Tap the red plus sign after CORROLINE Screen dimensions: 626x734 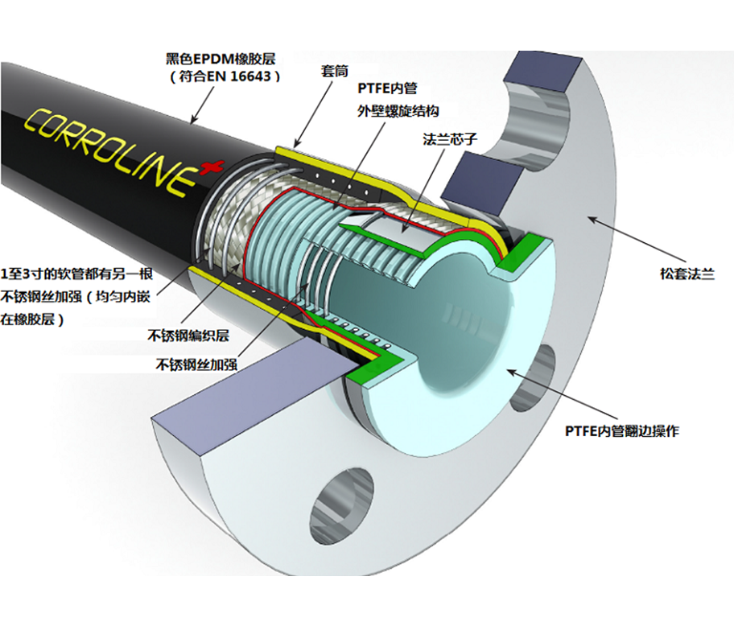pyautogui.click(x=212, y=167)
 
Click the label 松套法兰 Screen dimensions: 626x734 pyautogui.click(x=686, y=274)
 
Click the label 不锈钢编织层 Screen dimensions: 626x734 pyautogui.click(x=188, y=334)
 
